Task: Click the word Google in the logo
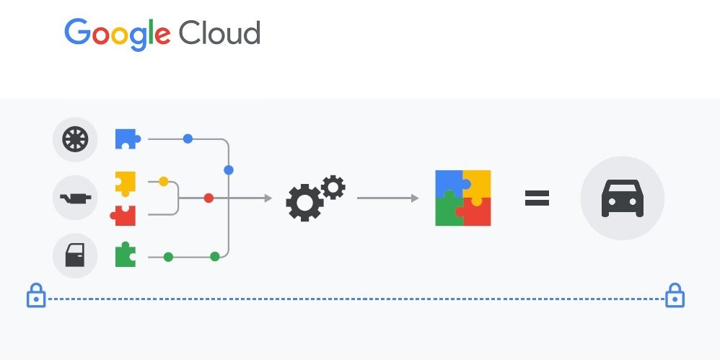117,33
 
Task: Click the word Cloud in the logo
219,32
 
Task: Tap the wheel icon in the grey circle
75,139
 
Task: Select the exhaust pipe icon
75,197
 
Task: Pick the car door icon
75,255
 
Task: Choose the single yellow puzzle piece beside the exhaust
126,183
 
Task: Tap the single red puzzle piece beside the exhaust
124,215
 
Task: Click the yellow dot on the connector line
163,182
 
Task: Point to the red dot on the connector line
208,198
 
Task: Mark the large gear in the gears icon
304,202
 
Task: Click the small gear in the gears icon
333,187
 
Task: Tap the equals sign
537,198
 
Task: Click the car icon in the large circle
622,198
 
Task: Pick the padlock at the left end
36,296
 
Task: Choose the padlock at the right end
674,296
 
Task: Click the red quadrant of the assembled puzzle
477,212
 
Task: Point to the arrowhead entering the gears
268,198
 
